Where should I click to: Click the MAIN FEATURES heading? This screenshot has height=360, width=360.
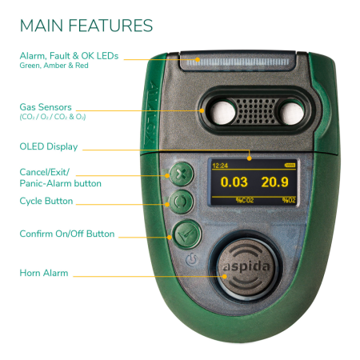(x=86, y=26)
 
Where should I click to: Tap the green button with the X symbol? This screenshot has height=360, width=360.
(x=182, y=174)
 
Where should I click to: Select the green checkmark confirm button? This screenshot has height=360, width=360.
(x=186, y=234)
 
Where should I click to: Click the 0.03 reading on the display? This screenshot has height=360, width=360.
(x=234, y=182)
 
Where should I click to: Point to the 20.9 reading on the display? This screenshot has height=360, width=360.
(x=274, y=182)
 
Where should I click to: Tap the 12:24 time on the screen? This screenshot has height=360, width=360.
(x=220, y=166)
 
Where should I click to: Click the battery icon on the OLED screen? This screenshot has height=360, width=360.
(x=290, y=166)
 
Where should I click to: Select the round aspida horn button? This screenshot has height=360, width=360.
(x=246, y=267)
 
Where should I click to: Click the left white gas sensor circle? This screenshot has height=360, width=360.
(x=223, y=112)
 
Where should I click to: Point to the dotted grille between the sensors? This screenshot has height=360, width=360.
(x=257, y=111)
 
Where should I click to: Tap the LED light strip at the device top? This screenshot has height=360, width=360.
(x=238, y=62)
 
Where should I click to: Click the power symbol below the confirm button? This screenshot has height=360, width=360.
(x=191, y=260)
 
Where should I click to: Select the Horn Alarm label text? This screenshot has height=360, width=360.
(x=44, y=273)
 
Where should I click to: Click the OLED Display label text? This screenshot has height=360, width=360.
(x=49, y=146)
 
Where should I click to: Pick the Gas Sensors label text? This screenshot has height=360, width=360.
(x=46, y=107)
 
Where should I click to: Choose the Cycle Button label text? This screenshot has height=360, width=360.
(x=46, y=201)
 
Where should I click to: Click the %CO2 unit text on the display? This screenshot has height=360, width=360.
(x=245, y=200)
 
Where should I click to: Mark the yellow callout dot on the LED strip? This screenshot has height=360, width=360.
(x=198, y=59)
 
